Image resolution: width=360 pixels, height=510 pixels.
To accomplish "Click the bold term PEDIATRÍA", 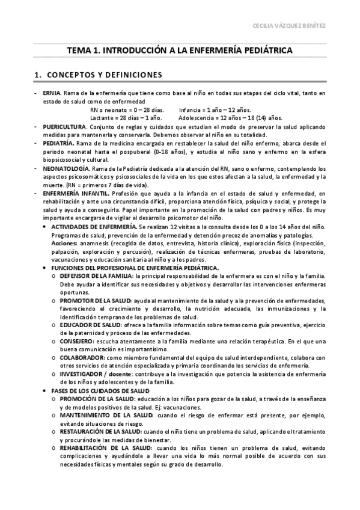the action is click(58, 144).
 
